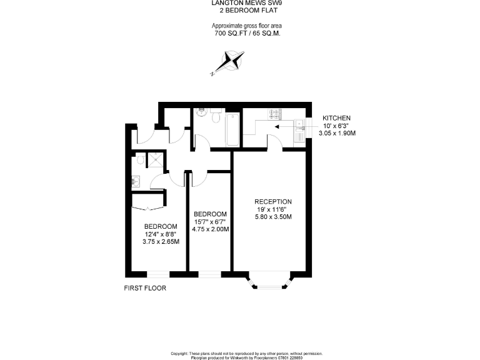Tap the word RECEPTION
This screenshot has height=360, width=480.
(273, 201)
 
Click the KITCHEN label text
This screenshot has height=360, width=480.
(336, 118)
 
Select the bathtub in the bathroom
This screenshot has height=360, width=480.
(232, 129)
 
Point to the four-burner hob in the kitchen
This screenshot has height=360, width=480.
(274, 114)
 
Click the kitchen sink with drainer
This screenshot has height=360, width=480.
(299, 130)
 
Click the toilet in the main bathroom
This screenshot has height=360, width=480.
(216, 116)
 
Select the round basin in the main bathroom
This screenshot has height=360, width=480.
(201, 113)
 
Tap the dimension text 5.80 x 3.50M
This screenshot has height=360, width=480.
(273, 217)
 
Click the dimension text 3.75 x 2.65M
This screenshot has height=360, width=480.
(161, 242)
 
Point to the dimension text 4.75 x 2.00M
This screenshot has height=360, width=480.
(211, 229)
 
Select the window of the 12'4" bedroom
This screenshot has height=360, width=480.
(158, 274)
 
